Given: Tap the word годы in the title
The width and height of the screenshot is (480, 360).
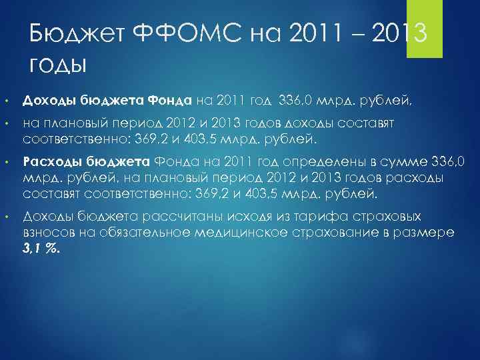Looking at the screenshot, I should pyautogui.click(x=59, y=65).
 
